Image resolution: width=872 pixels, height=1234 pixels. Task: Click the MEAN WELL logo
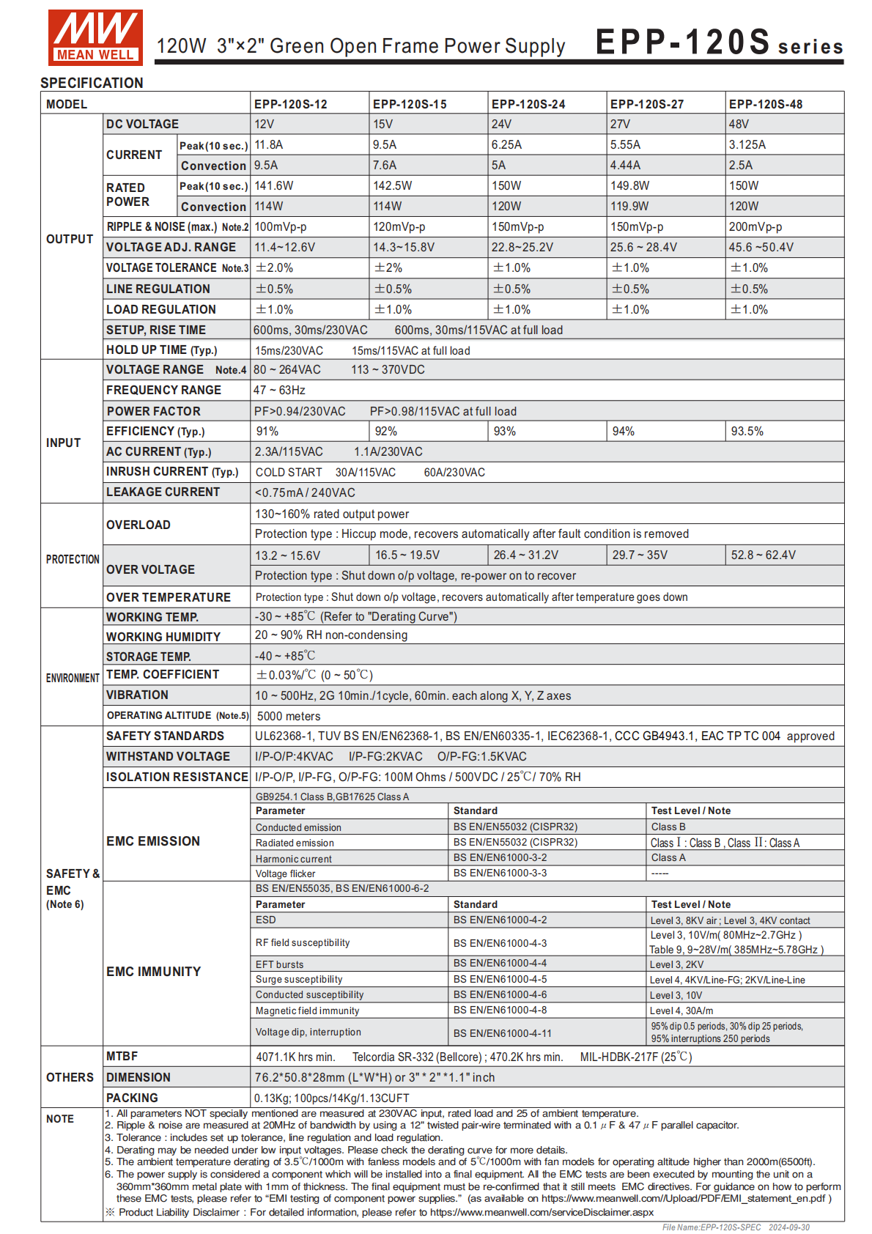(95, 37)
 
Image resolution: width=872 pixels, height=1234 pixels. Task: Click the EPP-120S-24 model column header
(528, 104)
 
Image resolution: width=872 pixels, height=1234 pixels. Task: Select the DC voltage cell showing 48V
(739, 124)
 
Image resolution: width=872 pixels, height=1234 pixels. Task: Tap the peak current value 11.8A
(269, 145)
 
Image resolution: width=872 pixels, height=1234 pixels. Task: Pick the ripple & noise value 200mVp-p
(755, 227)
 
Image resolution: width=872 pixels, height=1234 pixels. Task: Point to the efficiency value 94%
(624, 432)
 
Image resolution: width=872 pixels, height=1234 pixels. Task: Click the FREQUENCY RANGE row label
(163, 391)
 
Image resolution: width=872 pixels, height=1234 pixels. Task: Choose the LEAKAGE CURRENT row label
(163, 492)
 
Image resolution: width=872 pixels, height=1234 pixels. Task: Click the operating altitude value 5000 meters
(289, 716)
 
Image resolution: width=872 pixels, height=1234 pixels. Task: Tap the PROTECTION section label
(73, 559)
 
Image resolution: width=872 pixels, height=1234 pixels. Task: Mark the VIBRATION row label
(137, 695)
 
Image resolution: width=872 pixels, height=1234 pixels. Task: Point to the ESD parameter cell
(266, 920)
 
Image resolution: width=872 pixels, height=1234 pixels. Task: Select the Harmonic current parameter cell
(293, 859)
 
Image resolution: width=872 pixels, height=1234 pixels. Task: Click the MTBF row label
(122, 1057)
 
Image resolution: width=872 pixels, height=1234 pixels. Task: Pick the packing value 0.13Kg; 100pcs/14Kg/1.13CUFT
(331, 1098)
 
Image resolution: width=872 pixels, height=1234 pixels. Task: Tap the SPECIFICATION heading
(92, 83)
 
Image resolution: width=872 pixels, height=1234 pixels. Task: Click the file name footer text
(736, 1227)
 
